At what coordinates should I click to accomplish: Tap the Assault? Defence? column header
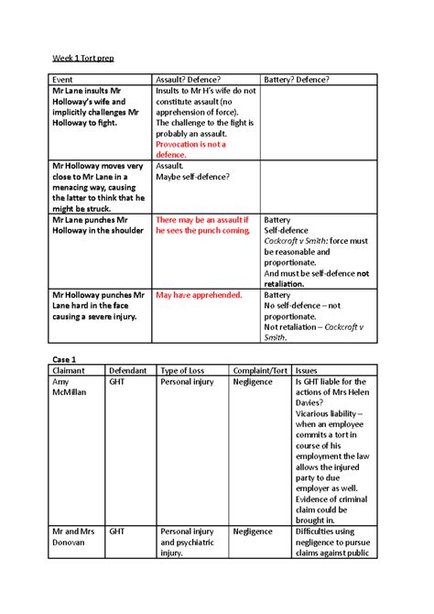coord(191,80)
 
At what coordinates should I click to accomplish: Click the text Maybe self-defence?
coord(192,177)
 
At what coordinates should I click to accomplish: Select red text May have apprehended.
coord(199,295)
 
